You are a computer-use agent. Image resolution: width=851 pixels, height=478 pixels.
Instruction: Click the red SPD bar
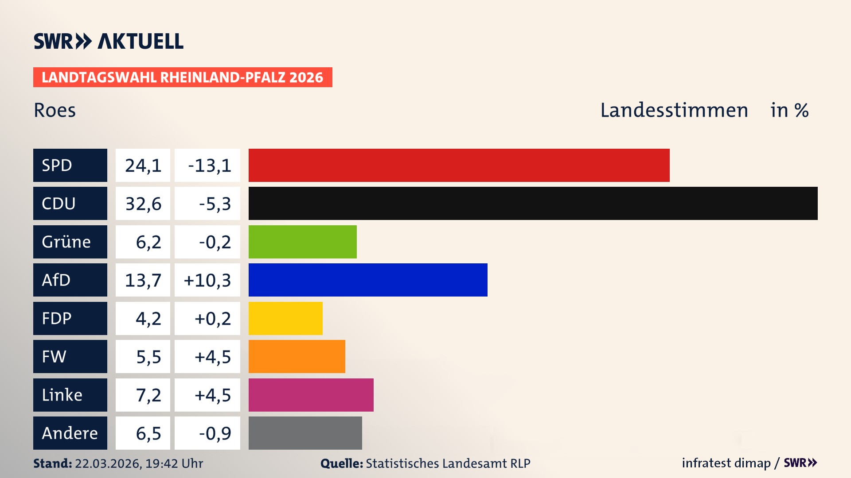click(459, 165)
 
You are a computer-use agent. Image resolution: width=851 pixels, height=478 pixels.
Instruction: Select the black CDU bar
click(533, 203)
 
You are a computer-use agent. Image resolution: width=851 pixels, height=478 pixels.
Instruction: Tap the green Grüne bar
click(302, 242)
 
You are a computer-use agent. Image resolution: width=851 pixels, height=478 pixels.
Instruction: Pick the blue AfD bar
click(368, 280)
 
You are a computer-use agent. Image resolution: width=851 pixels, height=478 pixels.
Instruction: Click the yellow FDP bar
click(285, 318)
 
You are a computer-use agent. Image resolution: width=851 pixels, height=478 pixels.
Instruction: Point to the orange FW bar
click(297, 356)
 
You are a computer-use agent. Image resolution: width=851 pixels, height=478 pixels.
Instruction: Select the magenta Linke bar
click(311, 395)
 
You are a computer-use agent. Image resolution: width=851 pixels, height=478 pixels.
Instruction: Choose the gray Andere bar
click(305, 433)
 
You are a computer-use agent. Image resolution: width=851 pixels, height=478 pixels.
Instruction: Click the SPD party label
click(70, 165)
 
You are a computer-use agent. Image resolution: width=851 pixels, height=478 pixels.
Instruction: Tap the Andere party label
click(70, 433)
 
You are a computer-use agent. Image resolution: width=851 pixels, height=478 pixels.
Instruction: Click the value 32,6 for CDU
click(143, 204)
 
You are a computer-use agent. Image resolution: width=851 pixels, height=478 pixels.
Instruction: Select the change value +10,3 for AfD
click(207, 280)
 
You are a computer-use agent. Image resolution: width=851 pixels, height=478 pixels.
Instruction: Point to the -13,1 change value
click(209, 166)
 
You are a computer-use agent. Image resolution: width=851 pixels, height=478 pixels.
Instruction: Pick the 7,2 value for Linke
click(148, 395)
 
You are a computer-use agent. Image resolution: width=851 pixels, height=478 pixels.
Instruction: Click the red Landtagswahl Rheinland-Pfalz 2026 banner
click(183, 77)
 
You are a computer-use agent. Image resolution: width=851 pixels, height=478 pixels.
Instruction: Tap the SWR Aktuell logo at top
click(108, 41)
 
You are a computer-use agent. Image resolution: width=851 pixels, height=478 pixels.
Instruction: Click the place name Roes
click(55, 110)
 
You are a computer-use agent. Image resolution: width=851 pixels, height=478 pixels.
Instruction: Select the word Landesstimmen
click(674, 110)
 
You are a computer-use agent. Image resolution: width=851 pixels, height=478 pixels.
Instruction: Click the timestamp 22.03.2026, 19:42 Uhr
click(139, 463)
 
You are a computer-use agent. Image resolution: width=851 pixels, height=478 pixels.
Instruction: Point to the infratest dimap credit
click(726, 463)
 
